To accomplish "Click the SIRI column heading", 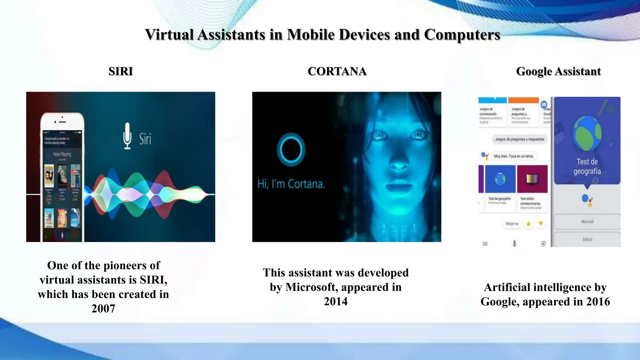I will [x=121, y=71].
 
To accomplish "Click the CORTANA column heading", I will [x=337, y=71].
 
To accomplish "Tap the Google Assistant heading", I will [x=558, y=72].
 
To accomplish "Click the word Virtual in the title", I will [x=169, y=34].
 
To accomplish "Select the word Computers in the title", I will [x=462, y=35].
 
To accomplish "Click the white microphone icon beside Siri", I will [x=127, y=136].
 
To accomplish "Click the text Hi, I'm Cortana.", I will [x=291, y=184].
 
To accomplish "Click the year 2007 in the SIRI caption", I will [x=103, y=309].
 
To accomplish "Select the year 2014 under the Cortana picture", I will [x=336, y=302].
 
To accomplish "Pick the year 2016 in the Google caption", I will [x=598, y=302].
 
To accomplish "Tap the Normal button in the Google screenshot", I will [x=587, y=222].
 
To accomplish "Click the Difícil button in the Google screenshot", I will [x=587, y=239].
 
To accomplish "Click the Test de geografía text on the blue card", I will [x=587, y=166].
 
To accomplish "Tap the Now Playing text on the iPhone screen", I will [x=62, y=154].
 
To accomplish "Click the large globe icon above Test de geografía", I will [x=587, y=132].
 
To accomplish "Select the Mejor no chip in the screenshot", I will [x=512, y=224].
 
